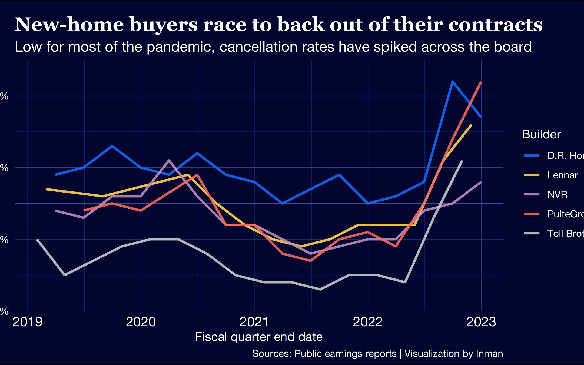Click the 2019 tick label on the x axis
(28, 322)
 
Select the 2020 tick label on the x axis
(141, 322)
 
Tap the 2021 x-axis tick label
(254, 322)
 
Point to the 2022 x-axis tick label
(368, 322)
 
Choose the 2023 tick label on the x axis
(481, 322)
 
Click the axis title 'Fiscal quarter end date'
(259, 337)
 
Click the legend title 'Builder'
(541, 134)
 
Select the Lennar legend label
(562, 175)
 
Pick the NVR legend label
(557, 195)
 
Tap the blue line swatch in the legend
(532, 155)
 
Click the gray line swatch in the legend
(532, 233)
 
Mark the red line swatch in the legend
(532, 214)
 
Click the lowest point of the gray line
(320, 290)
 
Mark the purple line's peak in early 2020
(169, 160)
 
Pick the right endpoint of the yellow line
(472, 125)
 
